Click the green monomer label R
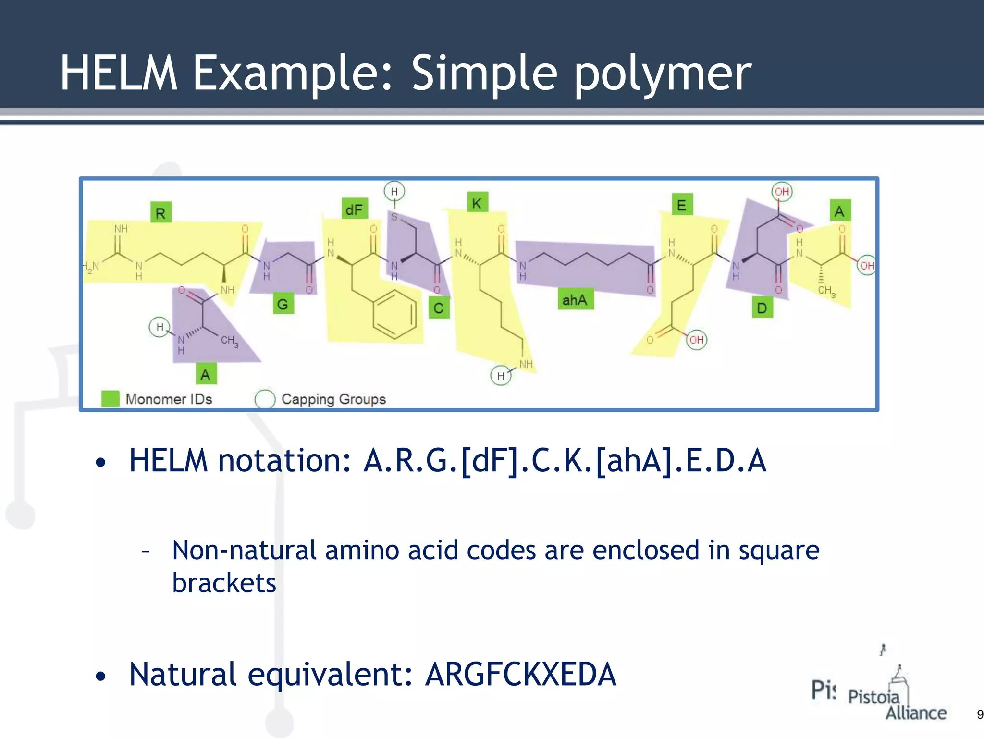(160, 213)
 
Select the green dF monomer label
(355, 209)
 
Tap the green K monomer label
(477, 203)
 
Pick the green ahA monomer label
(575, 300)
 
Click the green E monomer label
(682, 205)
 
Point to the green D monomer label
(762, 307)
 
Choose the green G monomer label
(283, 304)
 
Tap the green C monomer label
(439, 307)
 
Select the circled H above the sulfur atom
(394, 191)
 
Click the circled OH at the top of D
(782, 191)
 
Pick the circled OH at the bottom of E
(696, 340)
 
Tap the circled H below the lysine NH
(501, 376)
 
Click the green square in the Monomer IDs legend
(111, 399)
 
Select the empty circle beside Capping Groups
(265, 399)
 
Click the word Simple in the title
(484, 73)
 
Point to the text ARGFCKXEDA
(520, 674)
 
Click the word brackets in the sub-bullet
(224, 583)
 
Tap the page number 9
(980, 714)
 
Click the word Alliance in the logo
(916, 713)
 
